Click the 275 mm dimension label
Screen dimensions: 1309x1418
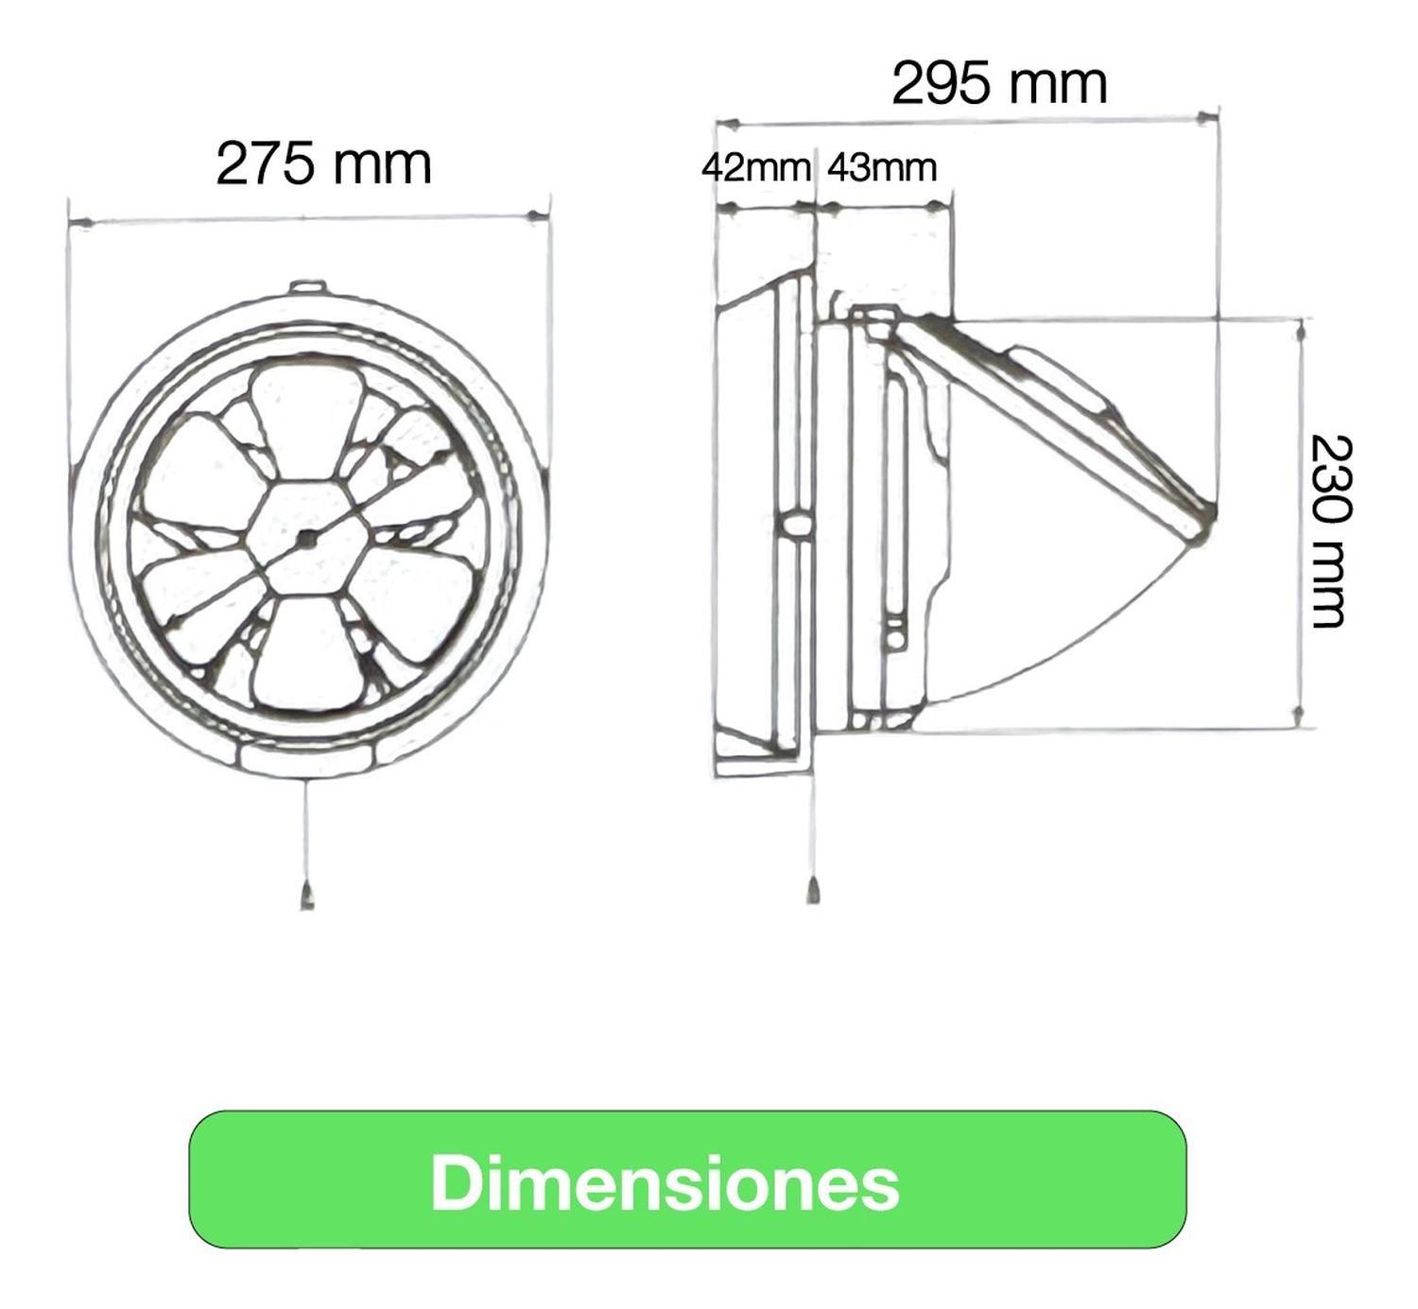point(323,164)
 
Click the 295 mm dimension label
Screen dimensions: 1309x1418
point(999,83)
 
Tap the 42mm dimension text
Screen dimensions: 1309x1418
point(755,167)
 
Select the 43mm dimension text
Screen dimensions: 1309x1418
point(881,167)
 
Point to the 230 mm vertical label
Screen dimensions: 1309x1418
point(1331,531)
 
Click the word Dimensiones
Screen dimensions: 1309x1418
point(665,1182)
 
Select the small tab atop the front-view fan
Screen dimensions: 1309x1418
point(307,286)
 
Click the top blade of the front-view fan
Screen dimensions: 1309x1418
point(307,416)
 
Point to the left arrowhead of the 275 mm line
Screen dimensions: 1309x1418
point(83,223)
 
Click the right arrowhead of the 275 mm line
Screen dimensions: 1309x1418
point(535,218)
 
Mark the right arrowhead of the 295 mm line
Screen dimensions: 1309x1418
point(1204,118)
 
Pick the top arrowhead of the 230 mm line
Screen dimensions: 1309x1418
point(1302,332)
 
